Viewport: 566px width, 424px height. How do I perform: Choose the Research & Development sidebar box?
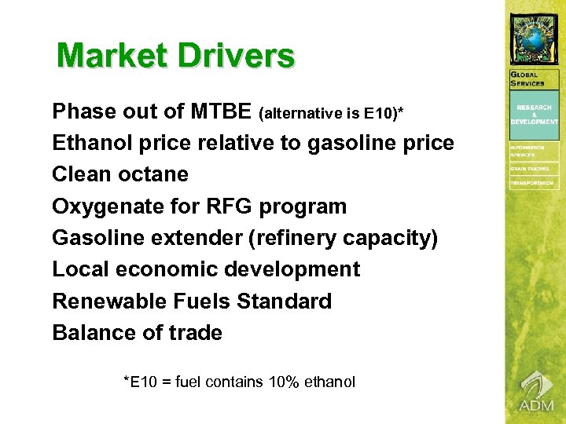[x=535, y=115]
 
